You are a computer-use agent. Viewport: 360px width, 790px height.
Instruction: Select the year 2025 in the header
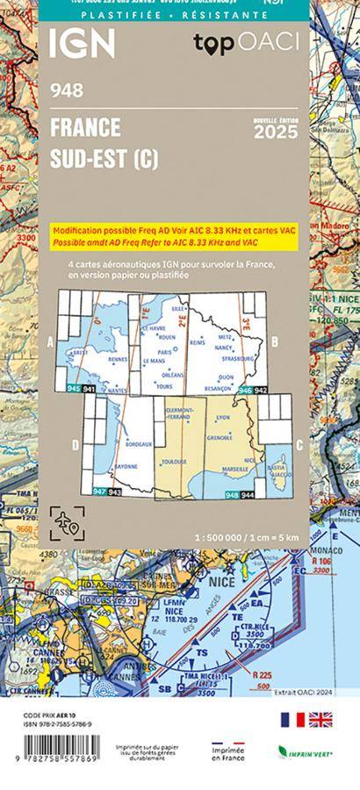pyautogui.click(x=275, y=133)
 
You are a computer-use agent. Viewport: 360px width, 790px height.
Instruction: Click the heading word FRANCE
pyautogui.click(x=85, y=128)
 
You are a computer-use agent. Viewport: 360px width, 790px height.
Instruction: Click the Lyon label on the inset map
pyautogui.click(x=222, y=418)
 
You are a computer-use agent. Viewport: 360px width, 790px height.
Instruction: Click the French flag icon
pyautogui.click(x=292, y=720)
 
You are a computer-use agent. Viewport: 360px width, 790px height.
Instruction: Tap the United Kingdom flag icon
pyautogui.click(x=320, y=720)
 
